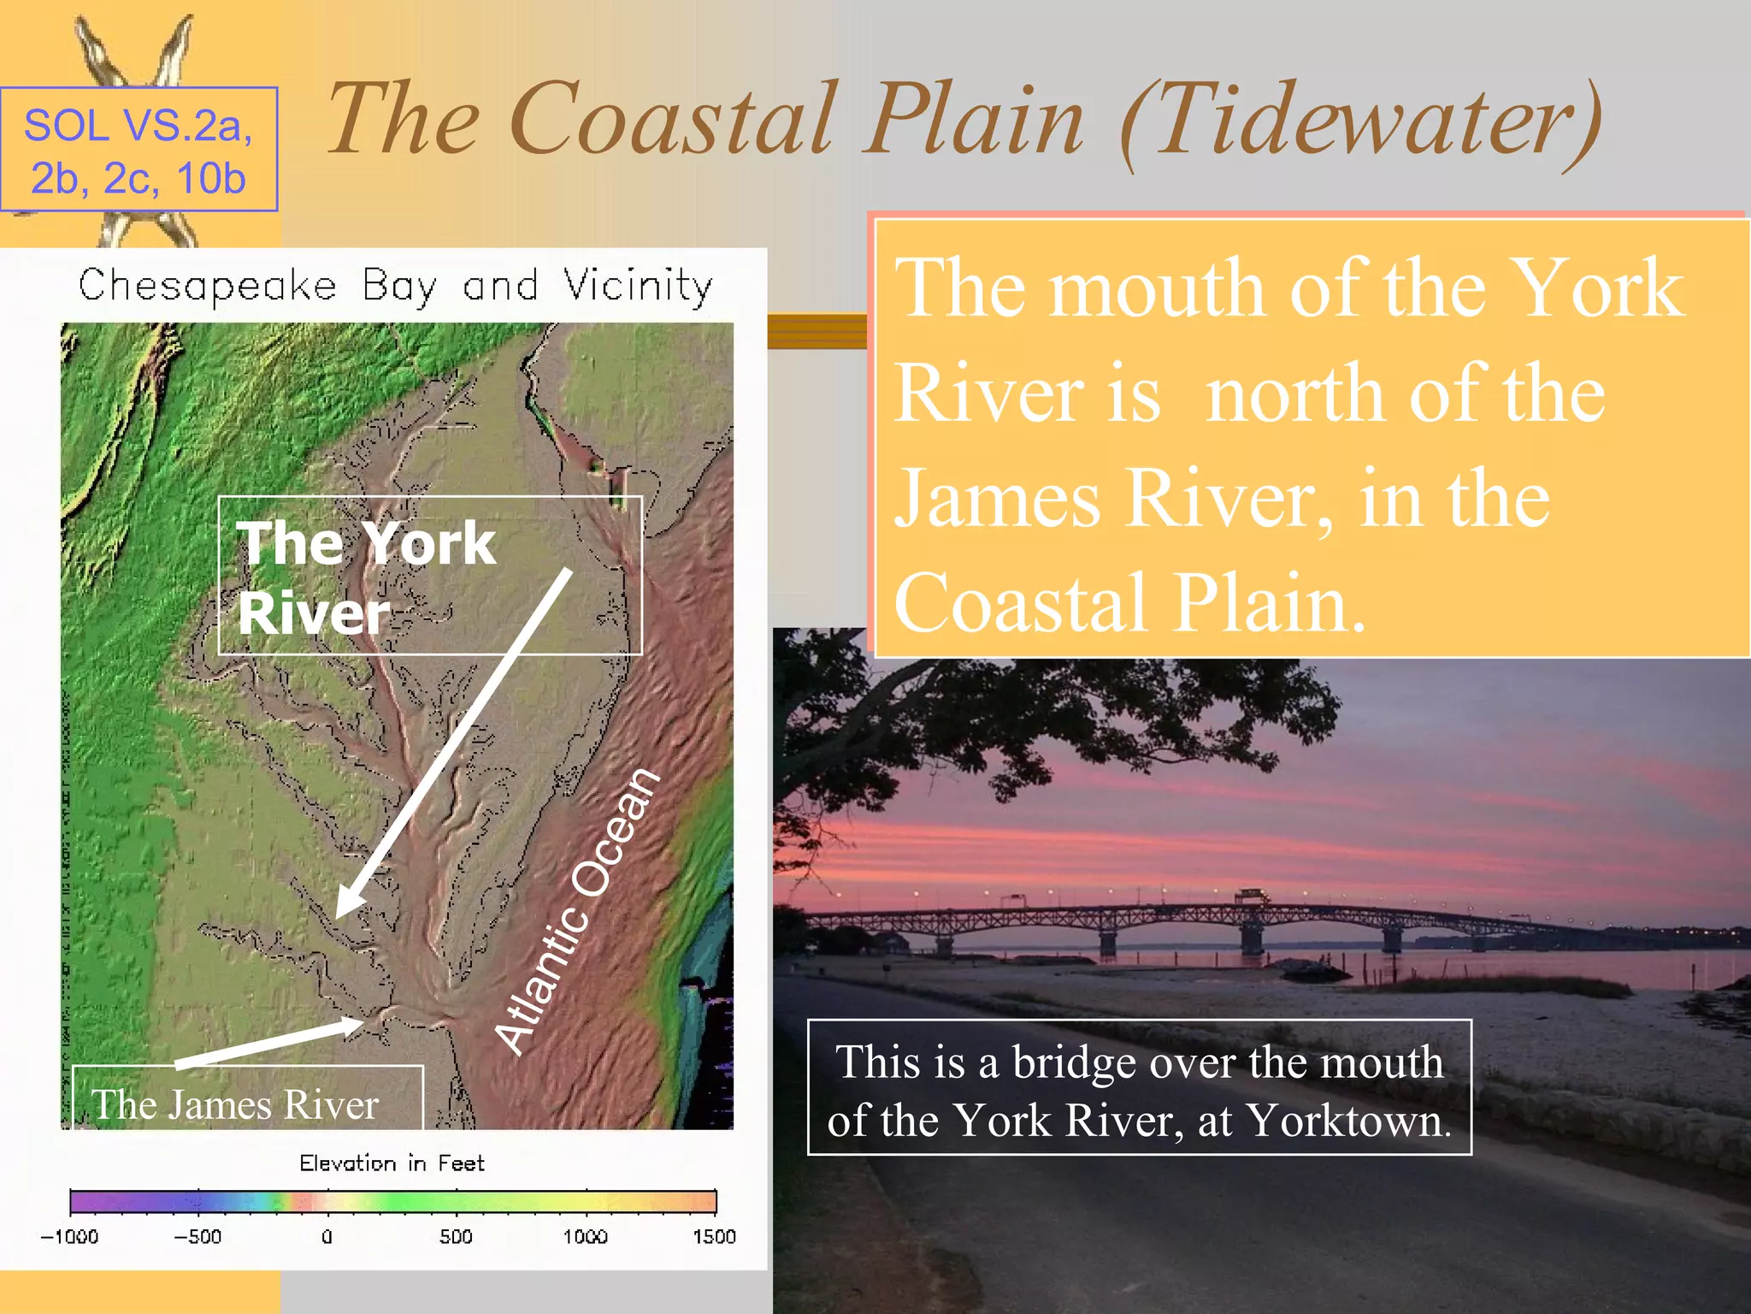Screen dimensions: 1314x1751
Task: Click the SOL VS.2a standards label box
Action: click(139, 149)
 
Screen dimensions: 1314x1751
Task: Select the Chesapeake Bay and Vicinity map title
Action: click(395, 286)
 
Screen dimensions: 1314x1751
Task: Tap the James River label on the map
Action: click(235, 1104)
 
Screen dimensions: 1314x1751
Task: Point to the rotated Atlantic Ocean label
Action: click(578, 910)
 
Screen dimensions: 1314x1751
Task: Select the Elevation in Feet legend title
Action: click(392, 1163)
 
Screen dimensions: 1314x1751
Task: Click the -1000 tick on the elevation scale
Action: click(70, 1236)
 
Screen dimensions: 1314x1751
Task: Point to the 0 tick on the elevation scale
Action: click(327, 1236)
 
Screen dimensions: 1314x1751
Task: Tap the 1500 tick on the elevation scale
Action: click(714, 1236)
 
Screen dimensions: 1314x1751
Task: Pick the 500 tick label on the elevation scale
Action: click(456, 1236)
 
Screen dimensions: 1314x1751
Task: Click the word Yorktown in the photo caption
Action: click(1348, 1121)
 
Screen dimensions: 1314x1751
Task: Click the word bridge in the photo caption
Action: click(1073, 1063)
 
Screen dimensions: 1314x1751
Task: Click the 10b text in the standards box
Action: click(210, 179)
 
